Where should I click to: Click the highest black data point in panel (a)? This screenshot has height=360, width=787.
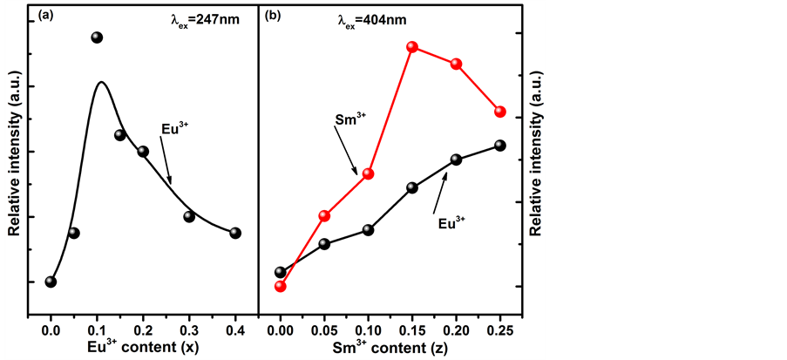pos(97,37)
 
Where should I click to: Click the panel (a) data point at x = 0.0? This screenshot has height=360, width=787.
pos(51,282)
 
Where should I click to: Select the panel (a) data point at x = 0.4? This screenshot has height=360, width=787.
pos(235,233)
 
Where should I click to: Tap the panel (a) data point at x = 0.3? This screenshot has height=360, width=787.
pos(189,216)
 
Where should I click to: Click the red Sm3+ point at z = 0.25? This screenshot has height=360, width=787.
pos(500,112)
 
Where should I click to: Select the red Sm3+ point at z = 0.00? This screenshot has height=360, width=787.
pos(281,286)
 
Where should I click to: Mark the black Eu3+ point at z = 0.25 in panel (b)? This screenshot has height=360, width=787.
pos(500,146)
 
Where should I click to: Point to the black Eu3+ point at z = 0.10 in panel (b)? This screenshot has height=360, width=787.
pos(368,230)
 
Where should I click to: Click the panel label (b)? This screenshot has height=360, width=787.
pos(272,15)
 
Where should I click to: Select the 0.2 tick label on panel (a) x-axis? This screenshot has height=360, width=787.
pos(143,331)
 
